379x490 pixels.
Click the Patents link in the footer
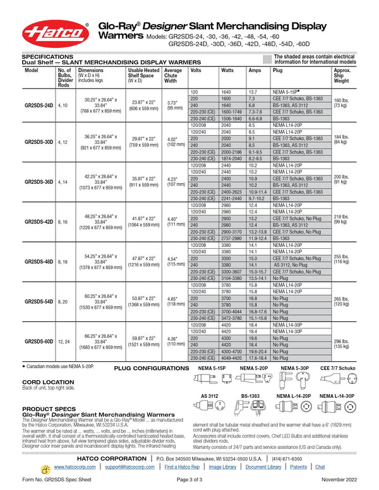click(300, 467)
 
